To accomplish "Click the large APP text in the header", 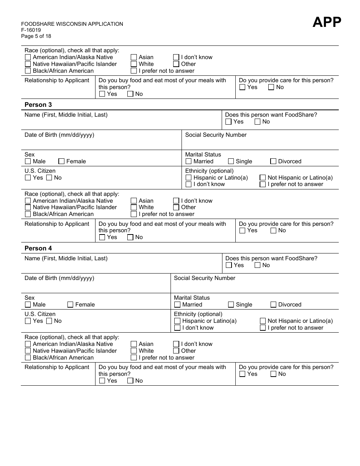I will tap(327, 22).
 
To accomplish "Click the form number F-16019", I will tap(31, 30).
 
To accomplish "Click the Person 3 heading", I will tap(38, 105).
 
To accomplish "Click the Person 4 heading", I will tap(38, 248).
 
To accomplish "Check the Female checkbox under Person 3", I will tap(61, 161).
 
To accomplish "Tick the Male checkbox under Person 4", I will tap(28, 305).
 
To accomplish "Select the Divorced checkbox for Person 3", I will tap(273, 161).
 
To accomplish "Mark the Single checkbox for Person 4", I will tap(231, 305).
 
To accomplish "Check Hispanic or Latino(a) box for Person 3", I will tap(189, 178).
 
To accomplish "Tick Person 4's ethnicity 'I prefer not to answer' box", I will tap(263, 328).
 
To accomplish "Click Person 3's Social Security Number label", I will tap(216, 135).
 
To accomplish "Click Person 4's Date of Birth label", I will tap(59, 278).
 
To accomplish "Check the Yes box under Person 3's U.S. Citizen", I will tap(28, 178).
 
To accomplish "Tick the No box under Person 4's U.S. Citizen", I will tap(49, 321).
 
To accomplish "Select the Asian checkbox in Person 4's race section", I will tap(134, 344).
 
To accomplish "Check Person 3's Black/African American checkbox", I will tap(28, 214).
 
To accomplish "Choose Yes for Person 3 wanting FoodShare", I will tap(229, 122).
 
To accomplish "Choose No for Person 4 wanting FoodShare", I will tap(258, 265).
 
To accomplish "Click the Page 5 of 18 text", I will tap(36, 36).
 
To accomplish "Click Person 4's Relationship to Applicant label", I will tap(57, 367).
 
